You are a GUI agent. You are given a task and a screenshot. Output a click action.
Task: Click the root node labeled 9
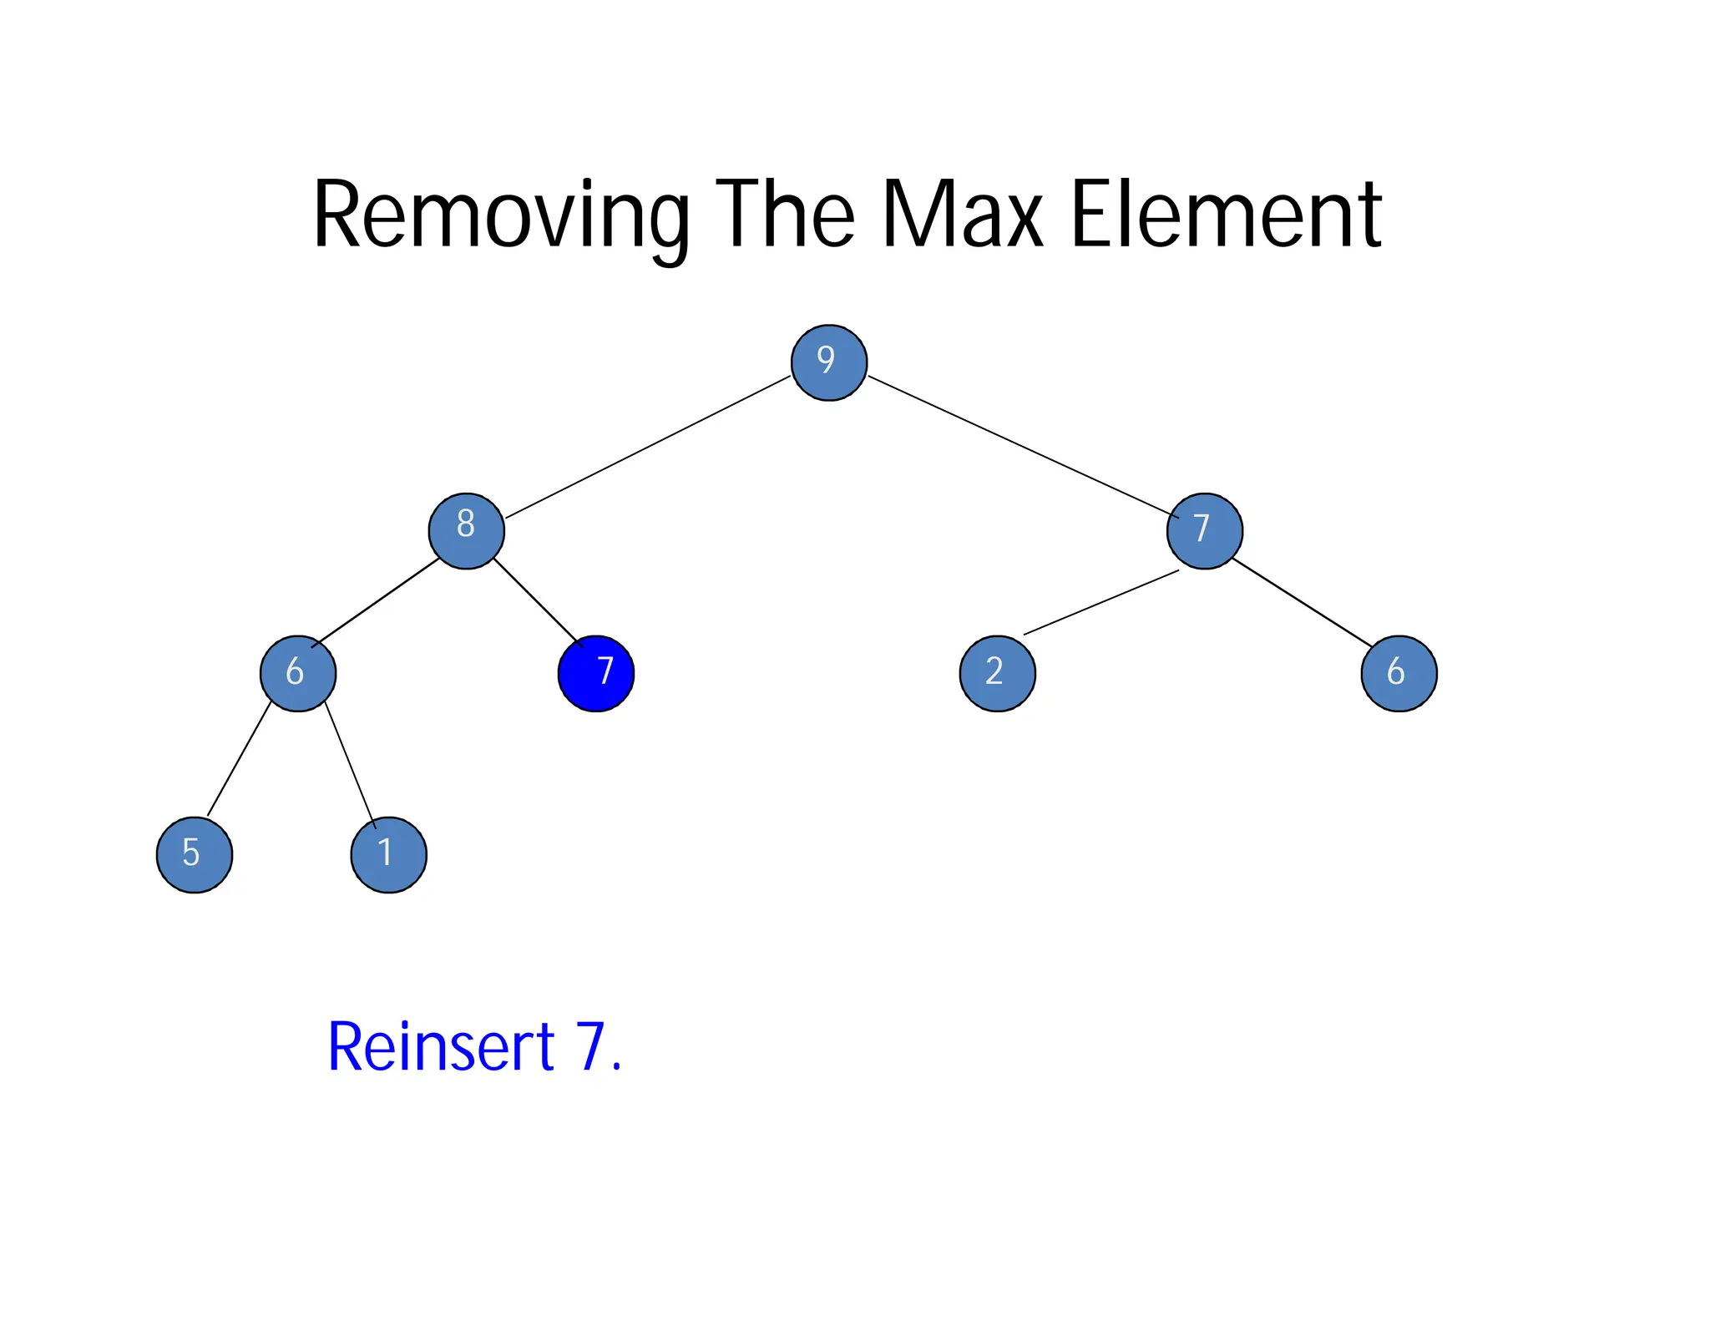[828, 362]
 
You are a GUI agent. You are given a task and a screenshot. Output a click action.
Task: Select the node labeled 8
[466, 531]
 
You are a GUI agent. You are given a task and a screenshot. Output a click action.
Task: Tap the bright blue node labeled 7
[595, 673]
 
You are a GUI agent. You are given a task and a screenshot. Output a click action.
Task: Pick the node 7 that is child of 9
[1204, 531]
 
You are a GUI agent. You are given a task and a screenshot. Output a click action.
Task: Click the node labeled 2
[997, 673]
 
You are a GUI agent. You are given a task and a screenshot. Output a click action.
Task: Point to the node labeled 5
[194, 854]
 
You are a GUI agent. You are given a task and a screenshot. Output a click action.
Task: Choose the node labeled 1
[388, 854]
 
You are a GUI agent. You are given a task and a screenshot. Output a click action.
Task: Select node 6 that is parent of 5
[297, 673]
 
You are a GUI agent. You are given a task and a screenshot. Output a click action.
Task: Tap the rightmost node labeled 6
[1399, 673]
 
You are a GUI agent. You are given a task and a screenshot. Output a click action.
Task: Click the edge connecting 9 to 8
[647, 448]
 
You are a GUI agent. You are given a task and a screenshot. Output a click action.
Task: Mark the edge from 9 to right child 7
[1019, 444]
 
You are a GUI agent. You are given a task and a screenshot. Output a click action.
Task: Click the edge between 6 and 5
[239, 759]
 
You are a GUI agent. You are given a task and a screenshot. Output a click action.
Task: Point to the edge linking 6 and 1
[350, 764]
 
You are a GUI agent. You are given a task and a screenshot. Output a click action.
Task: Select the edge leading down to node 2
[1100, 603]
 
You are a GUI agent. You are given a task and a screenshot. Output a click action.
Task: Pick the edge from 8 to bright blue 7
[537, 601]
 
